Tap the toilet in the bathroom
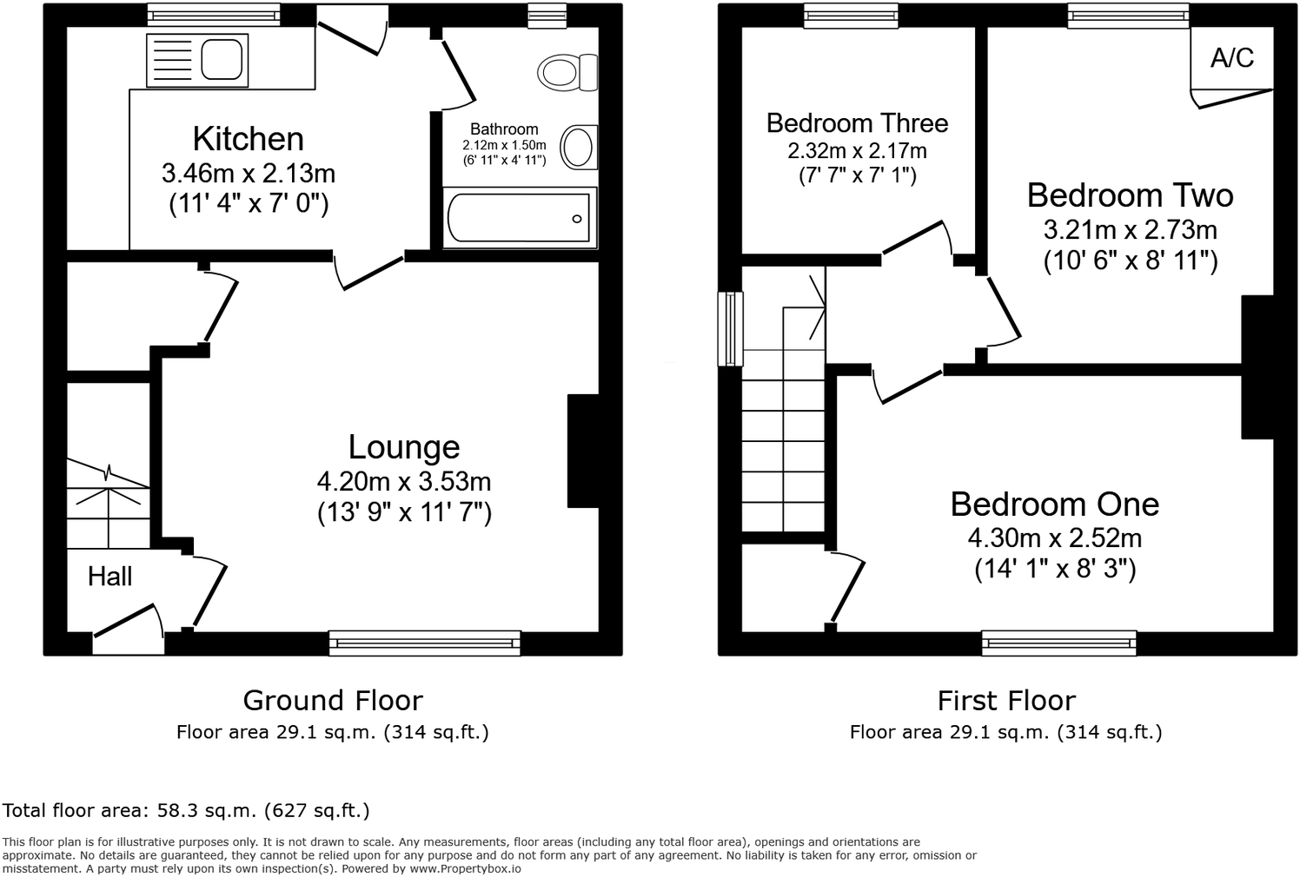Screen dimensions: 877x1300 click(x=569, y=72)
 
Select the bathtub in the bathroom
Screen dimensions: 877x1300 click(x=519, y=217)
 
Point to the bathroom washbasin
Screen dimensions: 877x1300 click(x=578, y=146)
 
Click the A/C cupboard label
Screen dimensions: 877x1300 click(x=1232, y=58)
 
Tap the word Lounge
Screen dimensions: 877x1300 click(x=404, y=447)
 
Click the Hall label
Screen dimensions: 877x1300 click(x=109, y=577)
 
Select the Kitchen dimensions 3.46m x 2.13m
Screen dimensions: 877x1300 click(x=249, y=174)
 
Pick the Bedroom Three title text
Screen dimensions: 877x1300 click(x=857, y=123)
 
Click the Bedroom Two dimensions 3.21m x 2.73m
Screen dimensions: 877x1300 click(x=1130, y=230)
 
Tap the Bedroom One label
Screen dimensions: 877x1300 click(x=1054, y=504)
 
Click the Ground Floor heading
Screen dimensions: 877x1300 click(x=333, y=700)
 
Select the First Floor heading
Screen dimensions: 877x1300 click(x=1006, y=700)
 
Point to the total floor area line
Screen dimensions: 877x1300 click(x=186, y=811)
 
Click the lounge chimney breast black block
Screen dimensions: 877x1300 click(x=583, y=451)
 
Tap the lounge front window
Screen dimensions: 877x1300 click(x=424, y=643)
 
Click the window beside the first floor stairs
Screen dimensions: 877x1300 click(x=730, y=328)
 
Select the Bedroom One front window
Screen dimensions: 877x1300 click(x=1059, y=643)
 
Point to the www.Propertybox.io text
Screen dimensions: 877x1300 click(x=465, y=868)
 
